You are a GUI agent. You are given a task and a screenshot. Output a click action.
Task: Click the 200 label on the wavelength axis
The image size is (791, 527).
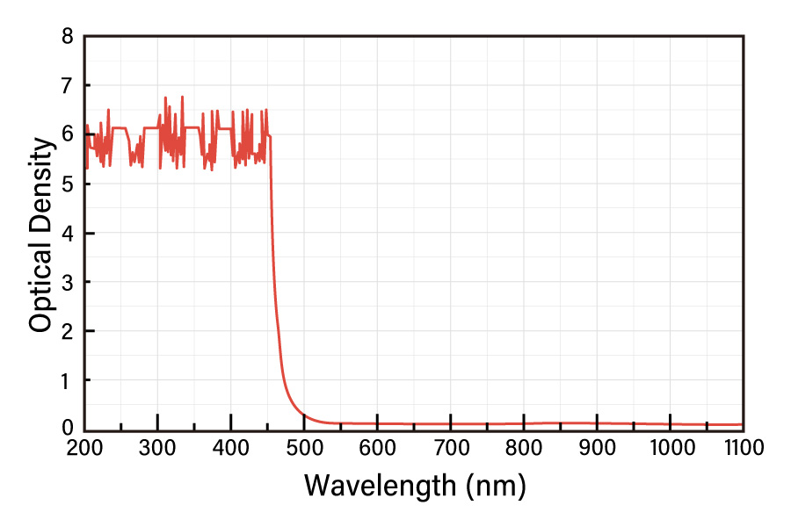(84, 448)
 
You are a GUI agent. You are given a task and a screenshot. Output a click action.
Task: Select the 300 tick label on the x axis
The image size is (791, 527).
(157, 448)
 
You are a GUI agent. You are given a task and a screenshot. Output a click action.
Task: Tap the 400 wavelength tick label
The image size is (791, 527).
(230, 448)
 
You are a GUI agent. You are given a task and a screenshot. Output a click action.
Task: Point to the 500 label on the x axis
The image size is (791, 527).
(304, 448)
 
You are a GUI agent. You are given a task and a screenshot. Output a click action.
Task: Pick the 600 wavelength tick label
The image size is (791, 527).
(377, 448)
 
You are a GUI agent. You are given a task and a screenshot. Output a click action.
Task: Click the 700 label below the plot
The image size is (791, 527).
(451, 448)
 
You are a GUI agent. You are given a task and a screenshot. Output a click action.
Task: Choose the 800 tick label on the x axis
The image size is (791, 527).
(524, 448)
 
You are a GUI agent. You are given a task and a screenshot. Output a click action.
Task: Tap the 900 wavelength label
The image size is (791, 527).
(597, 448)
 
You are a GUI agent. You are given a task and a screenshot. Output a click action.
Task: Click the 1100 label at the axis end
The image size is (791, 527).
(744, 448)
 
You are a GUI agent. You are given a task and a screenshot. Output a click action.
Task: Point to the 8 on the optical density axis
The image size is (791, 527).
(68, 37)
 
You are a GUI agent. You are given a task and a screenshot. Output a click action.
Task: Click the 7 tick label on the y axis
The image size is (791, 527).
(68, 86)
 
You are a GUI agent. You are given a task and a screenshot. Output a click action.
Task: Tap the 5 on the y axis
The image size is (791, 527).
(68, 184)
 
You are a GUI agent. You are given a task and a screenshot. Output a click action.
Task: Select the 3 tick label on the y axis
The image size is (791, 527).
(68, 283)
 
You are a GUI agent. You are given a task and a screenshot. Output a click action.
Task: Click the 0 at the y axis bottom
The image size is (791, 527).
(68, 429)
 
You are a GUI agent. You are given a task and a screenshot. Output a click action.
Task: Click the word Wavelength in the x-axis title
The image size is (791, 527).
(381, 486)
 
